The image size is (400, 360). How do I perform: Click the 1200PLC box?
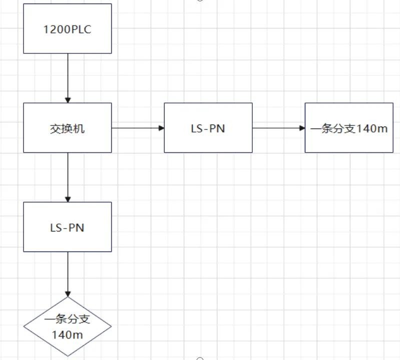(x=68, y=28)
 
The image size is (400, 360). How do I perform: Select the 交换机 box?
(x=68, y=128)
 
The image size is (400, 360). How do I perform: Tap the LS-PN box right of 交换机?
(x=208, y=128)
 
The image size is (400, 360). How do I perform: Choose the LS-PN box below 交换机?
(x=68, y=227)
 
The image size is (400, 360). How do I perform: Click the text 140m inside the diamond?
(x=68, y=334)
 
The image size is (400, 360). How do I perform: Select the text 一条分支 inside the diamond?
(x=68, y=320)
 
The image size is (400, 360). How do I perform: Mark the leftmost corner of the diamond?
(x=24, y=327)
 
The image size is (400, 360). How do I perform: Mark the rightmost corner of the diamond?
(x=111, y=327)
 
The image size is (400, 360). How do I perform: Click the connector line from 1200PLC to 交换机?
(x=68, y=75)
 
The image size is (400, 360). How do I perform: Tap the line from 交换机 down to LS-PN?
(x=68, y=175)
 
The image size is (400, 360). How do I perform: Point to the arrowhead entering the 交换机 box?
(x=68, y=99)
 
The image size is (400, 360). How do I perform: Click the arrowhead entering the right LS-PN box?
(x=161, y=128)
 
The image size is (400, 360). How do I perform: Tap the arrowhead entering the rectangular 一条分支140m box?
(x=302, y=128)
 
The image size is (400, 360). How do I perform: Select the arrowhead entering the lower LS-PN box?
(x=68, y=198)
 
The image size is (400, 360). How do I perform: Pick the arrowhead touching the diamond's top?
(x=68, y=293)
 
